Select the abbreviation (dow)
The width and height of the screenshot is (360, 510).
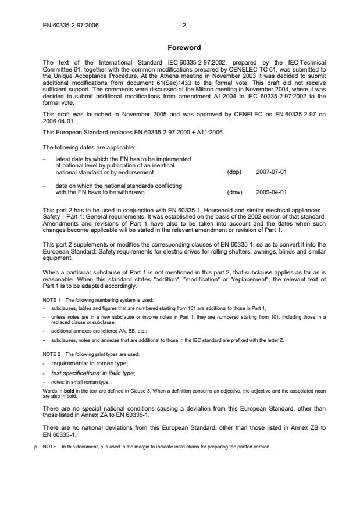[x=234, y=192]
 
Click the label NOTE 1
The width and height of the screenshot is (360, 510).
[x=54, y=300]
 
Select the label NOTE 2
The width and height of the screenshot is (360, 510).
[x=54, y=354]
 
